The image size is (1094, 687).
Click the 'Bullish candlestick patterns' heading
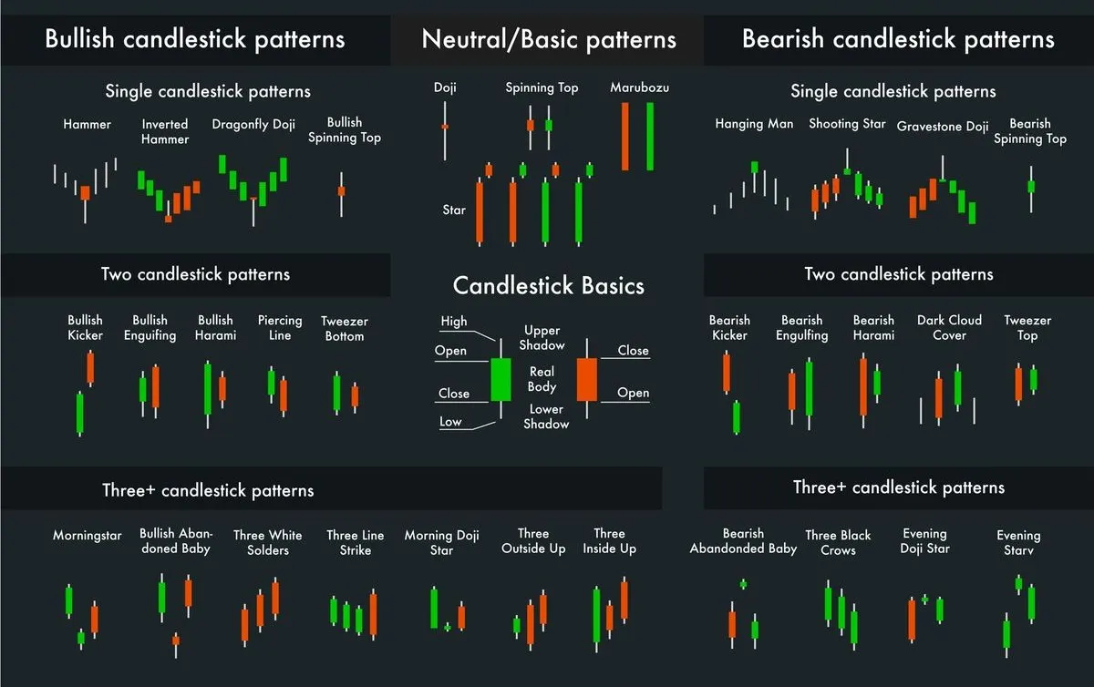click(195, 39)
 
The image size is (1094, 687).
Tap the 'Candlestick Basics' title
click(549, 286)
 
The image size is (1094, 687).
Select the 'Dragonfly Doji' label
click(253, 124)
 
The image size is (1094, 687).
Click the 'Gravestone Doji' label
click(943, 127)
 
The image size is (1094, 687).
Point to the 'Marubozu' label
click(639, 87)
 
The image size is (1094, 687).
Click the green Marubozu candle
click(651, 136)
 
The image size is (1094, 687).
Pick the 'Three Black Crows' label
click(838, 542)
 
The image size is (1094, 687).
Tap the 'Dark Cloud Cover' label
click(949, 327)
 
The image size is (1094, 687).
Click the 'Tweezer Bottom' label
click(343, 328)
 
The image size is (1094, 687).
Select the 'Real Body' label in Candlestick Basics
click(542, 379)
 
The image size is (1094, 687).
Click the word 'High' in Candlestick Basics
click(453, 321)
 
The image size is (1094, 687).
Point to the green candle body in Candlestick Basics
click(501, 379)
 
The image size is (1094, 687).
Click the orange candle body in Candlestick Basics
click(586, 379)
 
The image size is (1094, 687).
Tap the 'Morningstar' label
click(87, 536)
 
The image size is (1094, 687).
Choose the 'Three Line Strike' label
click(356, 542)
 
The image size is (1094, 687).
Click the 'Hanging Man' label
click(754, 124)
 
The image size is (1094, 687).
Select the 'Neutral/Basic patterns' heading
click(549, 40)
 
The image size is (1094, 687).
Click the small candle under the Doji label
click(445, 127)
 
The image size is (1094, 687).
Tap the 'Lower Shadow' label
click(546, 416)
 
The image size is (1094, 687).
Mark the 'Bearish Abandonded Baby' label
click(743, 541)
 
